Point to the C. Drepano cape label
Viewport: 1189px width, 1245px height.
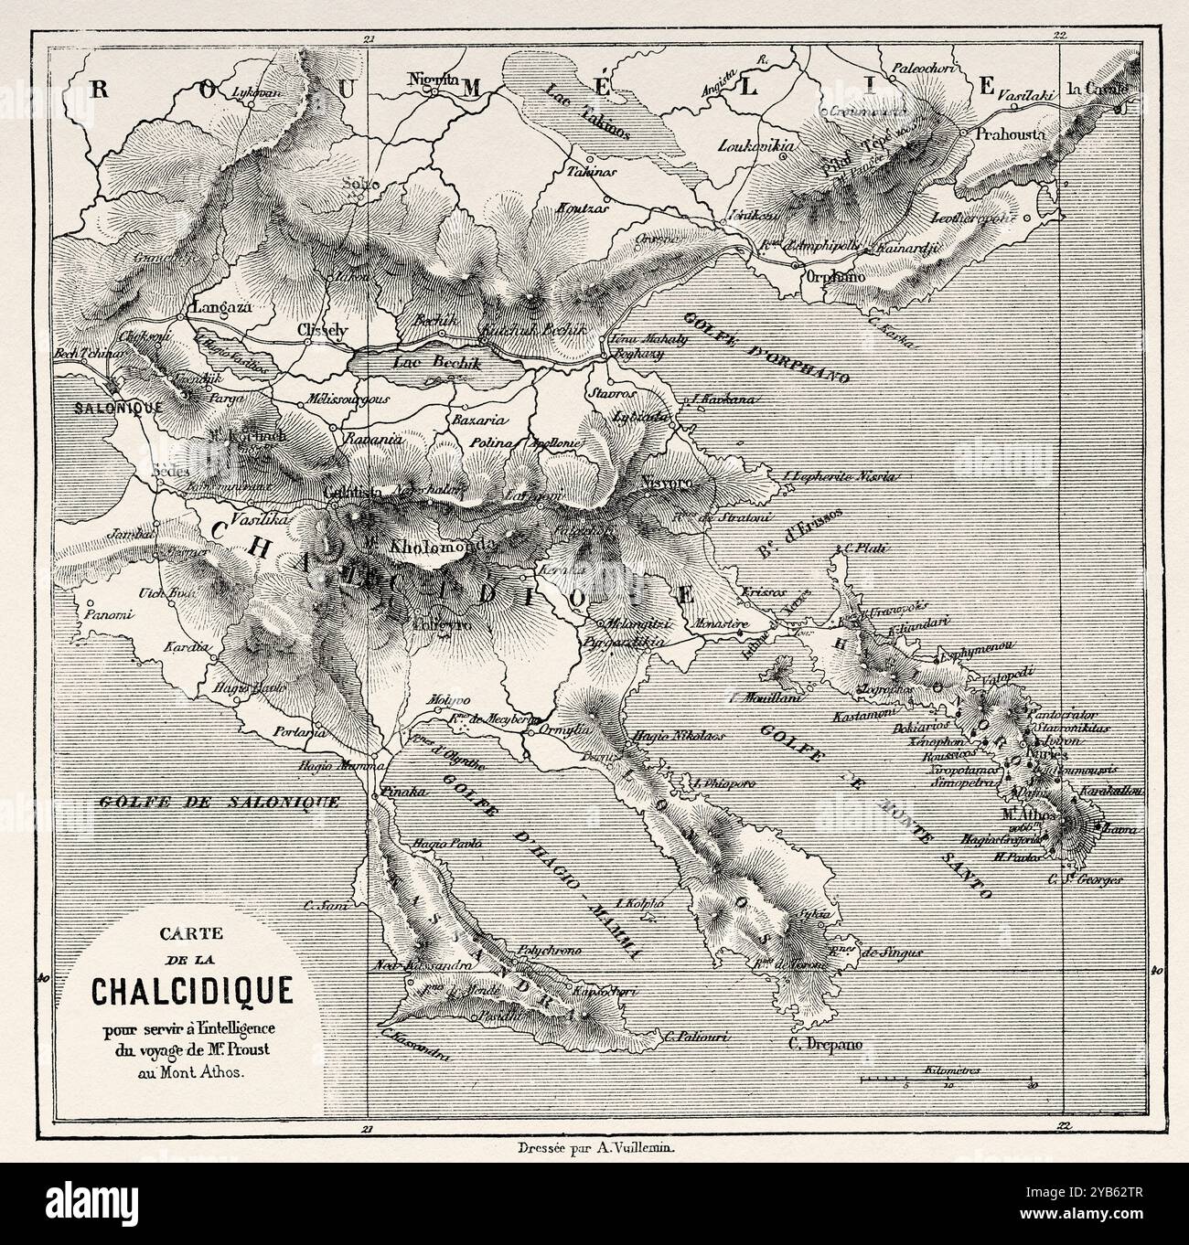(827, 1044)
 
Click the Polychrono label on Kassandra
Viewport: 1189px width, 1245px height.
(549, 950)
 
